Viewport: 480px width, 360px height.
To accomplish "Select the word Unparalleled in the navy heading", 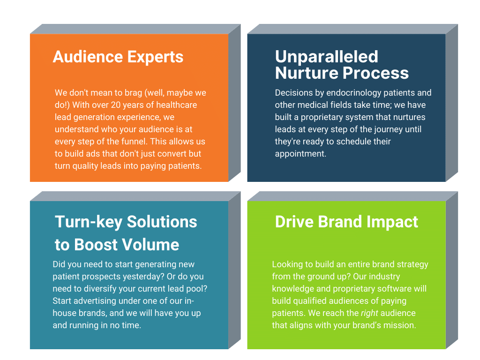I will coord(326,57).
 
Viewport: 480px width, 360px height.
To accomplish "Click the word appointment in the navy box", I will coord(300,153).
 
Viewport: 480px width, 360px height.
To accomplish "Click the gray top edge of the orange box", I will coord(129,29).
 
